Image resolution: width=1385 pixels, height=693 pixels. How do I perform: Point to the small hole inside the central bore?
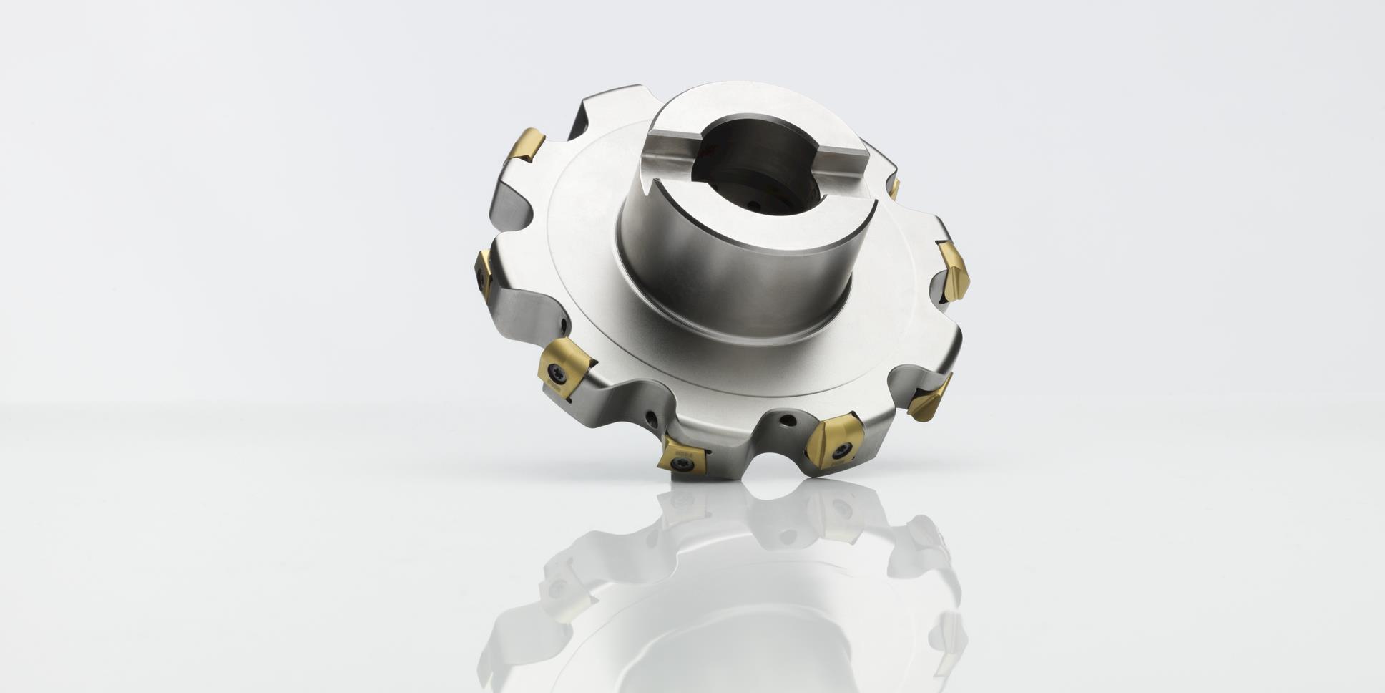pyautogui.click(x=757, y=204)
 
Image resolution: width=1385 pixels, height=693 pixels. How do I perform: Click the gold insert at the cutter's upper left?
pyautogui.click(x=525, y=145)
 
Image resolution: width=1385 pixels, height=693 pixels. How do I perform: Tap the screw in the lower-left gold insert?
pyautogui.click(x=559, y=370)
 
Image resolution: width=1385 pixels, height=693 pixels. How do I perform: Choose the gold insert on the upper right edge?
pyautogui.click(x=954, y=271)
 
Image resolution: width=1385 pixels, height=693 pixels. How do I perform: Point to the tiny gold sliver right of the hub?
pyautogui.click(x=895, y=188)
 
